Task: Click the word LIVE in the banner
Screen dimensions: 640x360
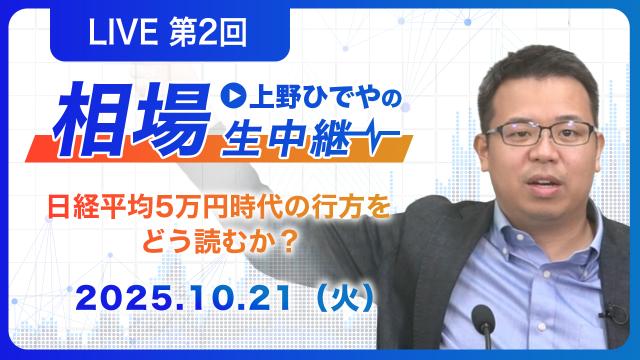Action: (123, 33)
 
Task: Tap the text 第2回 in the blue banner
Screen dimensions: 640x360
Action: (208, 33)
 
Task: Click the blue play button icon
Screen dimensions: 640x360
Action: (233, 96)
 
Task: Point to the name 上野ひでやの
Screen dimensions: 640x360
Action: (325, 98)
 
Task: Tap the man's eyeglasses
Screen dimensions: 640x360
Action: (540, 134)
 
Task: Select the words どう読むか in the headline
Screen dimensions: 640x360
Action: (210, 243)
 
